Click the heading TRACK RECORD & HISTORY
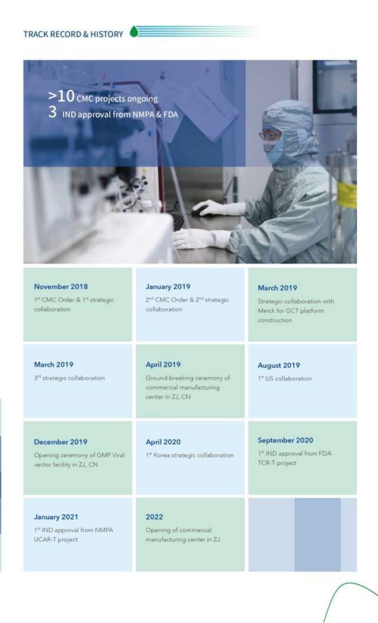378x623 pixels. [x=73, y=34]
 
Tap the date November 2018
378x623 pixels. [x=60, y=287]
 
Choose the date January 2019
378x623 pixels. [x=168, y=287]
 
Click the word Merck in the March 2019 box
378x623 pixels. [x=268, y=311]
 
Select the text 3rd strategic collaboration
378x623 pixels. [x=69, y=378]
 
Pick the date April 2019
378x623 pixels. [x=163, y=365]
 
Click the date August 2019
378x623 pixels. [x=278, y=365]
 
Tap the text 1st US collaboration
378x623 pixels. [x=284, y=378]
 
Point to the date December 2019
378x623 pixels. [x=60, y=442]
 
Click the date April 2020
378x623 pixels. [x=163, y=442]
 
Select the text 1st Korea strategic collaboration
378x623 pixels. [x=190, y=455]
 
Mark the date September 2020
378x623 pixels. [x=286, y=440]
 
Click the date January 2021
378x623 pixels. [x=56, y=517]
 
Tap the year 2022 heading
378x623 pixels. [x=154, y=517]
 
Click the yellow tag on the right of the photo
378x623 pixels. [x=347, y=195]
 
